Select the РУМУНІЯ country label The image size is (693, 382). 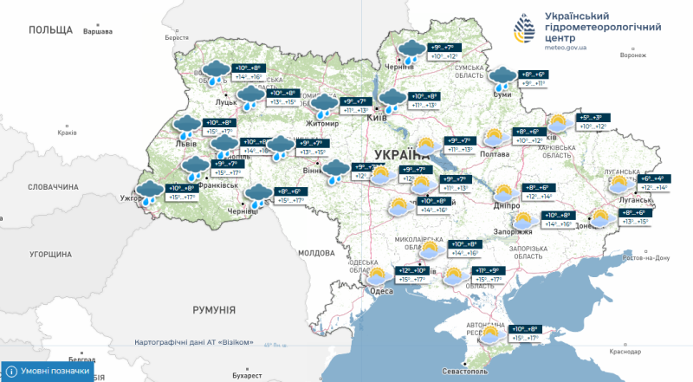tap(215, 309)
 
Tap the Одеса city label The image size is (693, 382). tap(381, 291)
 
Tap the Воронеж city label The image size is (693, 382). tap(633, 55)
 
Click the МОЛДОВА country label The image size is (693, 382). tap(315, 253)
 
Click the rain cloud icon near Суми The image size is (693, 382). tap(500, 78)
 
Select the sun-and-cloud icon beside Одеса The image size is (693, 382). tap(376, 277)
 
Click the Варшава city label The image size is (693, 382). tap(97, 32)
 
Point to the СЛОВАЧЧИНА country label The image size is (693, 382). tap(53, 186)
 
